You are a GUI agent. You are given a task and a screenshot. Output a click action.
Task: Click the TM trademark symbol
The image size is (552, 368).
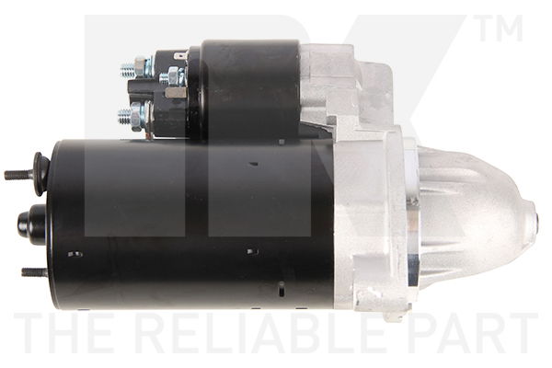(x=500, y=29)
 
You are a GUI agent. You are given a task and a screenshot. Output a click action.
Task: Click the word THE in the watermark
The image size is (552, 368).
(x=71, y=333)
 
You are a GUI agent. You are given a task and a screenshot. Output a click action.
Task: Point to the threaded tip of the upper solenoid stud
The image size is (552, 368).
(x=127, y=72)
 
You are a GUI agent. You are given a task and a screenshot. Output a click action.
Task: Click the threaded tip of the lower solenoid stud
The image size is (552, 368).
(x=124, y=116)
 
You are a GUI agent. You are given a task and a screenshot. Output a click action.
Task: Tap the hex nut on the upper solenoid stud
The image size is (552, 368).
(x=141, y=66)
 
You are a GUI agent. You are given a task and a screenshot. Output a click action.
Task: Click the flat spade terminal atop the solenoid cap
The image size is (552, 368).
(x=180, y=55)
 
